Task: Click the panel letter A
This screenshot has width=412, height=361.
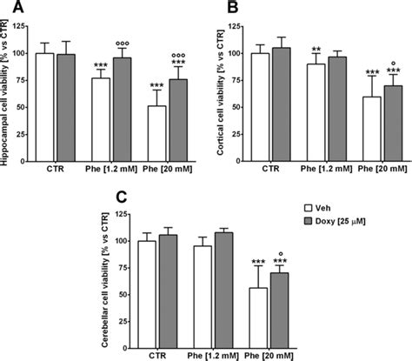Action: point(10,10)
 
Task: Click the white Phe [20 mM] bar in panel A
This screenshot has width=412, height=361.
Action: point(156,131)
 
